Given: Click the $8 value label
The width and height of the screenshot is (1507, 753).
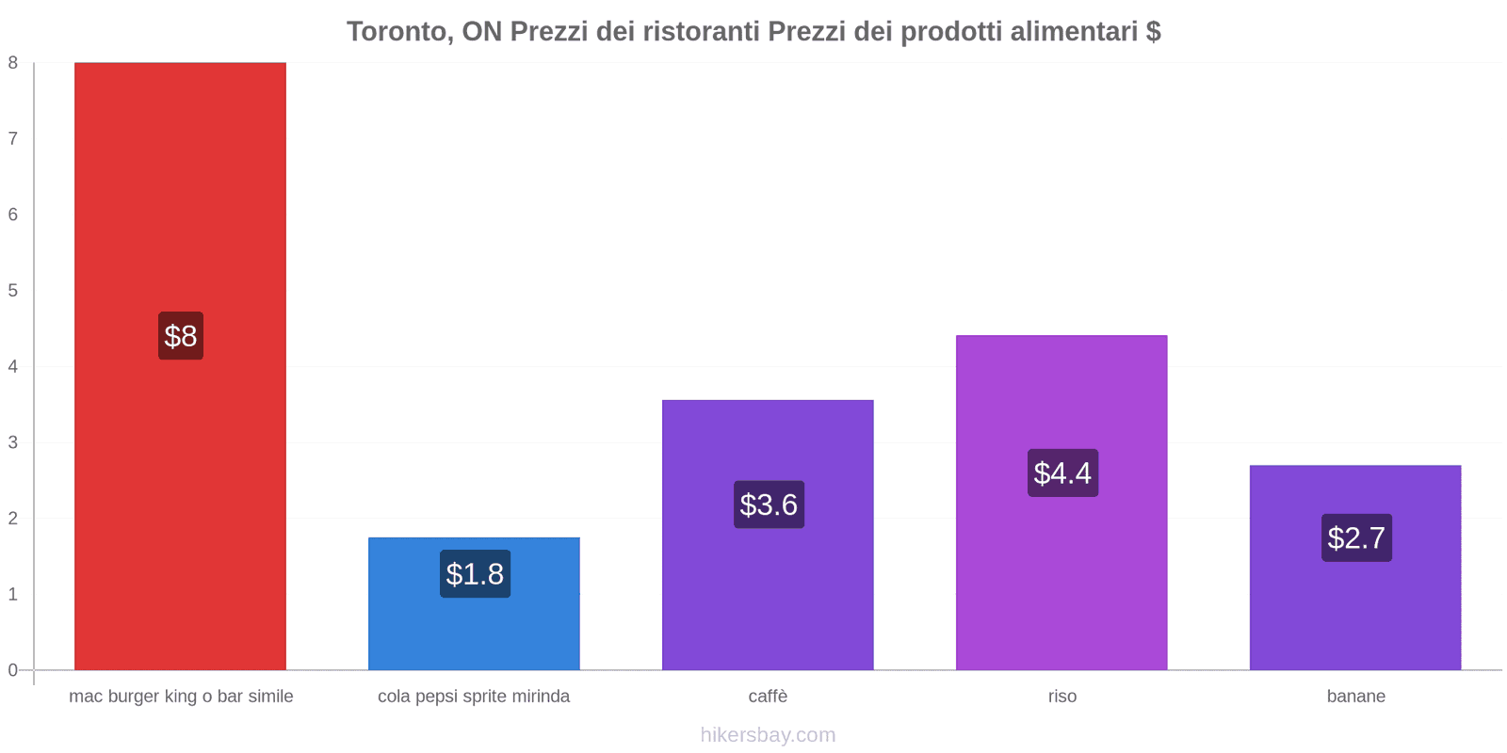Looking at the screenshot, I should coord(181,336).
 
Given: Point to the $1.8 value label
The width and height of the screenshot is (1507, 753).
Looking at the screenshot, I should coord(475,574).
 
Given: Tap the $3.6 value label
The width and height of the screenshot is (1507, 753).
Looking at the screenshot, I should coord(769,505).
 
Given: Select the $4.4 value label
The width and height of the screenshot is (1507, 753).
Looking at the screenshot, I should coord(1062,473).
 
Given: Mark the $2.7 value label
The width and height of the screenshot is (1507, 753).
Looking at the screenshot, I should coord(1356,537).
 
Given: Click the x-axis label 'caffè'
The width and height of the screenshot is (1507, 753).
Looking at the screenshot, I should coord(768,697).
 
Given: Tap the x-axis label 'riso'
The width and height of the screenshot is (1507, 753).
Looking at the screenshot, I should coord(1061,697).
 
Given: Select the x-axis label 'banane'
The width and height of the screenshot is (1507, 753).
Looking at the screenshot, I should coord(1355,697).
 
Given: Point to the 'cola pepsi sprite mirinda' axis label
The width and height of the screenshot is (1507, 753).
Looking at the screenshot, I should coord(474,697).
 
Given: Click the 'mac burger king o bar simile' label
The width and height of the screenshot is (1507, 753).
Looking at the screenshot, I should coord(181,697).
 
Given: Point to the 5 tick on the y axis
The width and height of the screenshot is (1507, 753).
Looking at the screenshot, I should coord(13,290).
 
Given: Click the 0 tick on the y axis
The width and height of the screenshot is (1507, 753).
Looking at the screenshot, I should coord(13,670).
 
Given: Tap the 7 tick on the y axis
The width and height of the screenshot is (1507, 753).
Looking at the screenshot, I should coord(13,138).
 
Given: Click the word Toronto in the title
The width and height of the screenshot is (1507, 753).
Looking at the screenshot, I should coord(397,32).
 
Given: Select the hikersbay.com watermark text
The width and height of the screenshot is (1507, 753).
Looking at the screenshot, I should coord(768,735).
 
